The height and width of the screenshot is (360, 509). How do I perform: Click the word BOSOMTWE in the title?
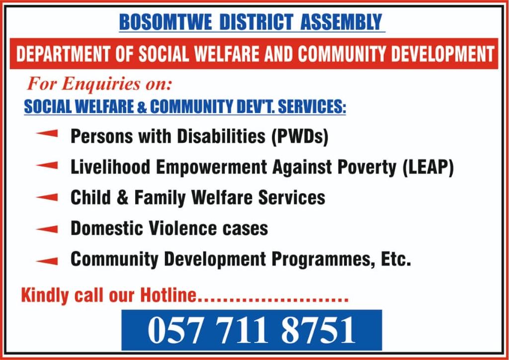pyautogui.click(x=165, y=22)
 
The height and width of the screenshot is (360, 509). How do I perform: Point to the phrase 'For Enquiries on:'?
pyautogui.click(x=99, y=85)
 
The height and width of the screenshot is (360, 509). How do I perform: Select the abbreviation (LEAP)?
pyautogui.click(x=428, y=168)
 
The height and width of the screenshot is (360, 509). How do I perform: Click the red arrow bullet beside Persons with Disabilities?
pyautogui.click(x=47, y=133)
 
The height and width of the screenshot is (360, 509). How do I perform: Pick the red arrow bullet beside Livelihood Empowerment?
pyautogui.click(x=47, y=165)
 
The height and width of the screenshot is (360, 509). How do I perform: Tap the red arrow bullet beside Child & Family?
pyautogui.click(x=47, y=197)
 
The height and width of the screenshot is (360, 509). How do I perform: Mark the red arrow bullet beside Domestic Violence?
pyautogui.click(x=47, y=229)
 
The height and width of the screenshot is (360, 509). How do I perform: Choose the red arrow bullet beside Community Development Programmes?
pyautogui.click(x=47, y=261)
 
